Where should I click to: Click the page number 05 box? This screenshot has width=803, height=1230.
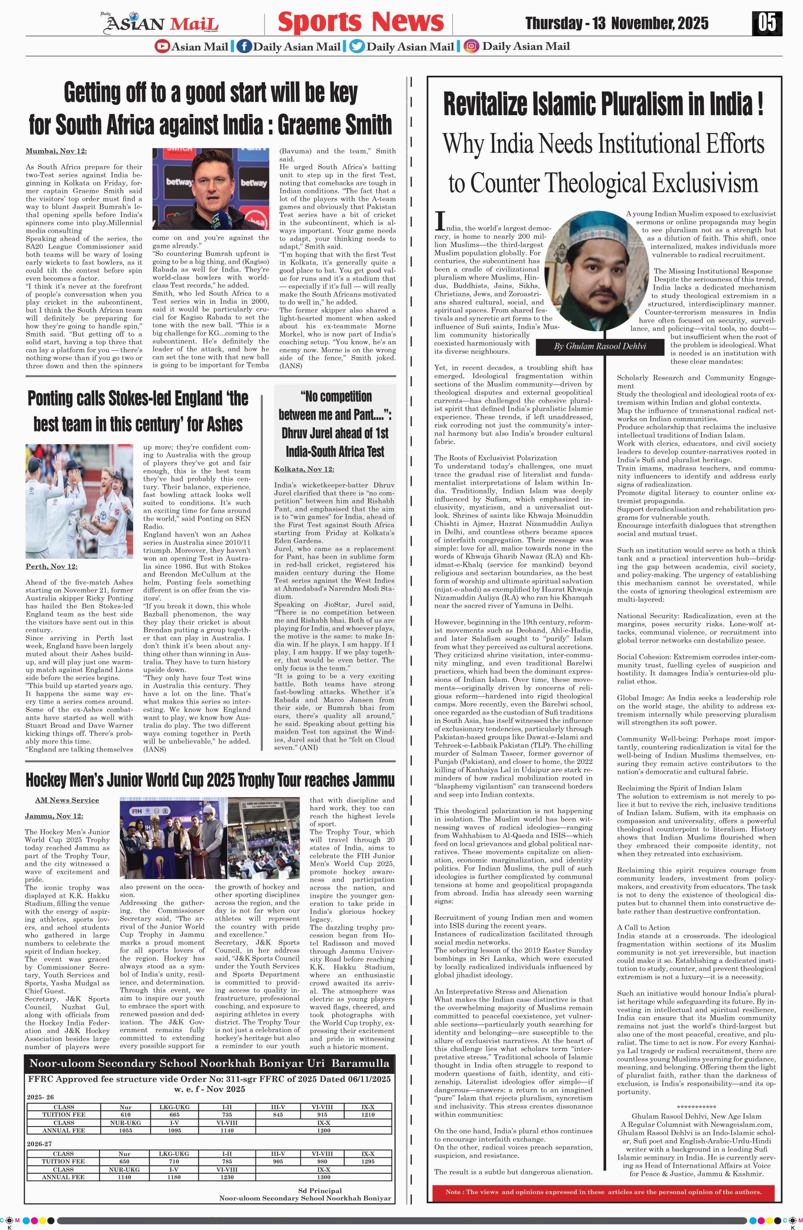767,22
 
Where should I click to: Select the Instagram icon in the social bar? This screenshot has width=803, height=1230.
471,47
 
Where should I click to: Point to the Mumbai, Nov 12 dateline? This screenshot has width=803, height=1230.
56,151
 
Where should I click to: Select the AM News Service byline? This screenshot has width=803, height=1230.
67,800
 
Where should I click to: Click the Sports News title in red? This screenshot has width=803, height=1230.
361,22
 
